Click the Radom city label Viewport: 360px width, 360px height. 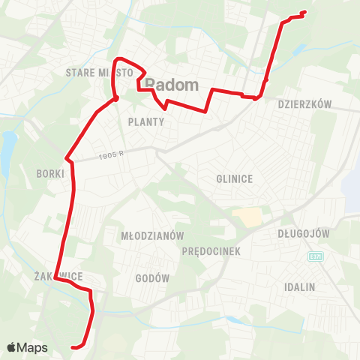171,85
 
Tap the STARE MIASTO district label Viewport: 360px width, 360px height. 104,73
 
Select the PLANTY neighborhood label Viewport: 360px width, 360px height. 145,121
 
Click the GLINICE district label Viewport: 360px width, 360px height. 234,178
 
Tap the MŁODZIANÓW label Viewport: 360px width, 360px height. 152,235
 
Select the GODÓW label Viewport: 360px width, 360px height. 152,277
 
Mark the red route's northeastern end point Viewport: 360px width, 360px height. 304,13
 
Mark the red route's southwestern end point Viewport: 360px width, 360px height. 73,346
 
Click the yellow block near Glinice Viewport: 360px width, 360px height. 245,217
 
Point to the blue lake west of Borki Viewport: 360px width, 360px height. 7,149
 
